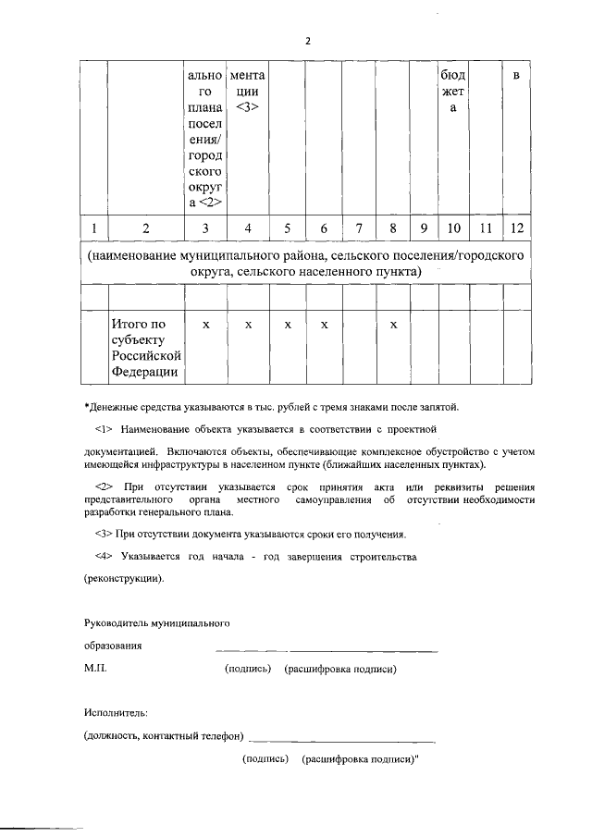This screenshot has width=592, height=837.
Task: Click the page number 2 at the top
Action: [x=308, y=42]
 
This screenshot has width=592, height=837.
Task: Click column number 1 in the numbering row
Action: [x=93, y=228]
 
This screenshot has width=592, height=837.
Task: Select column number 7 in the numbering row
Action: [x=359, y=228]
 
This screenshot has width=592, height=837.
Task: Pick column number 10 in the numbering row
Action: [x=454, y=228]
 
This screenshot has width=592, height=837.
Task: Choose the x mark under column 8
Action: [x=393, y=326]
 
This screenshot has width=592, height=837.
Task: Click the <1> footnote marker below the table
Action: [x=104, y=430]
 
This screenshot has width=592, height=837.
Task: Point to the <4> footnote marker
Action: [x=104, y=558]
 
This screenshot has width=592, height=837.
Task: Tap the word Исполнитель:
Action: [x=116, y=713]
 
